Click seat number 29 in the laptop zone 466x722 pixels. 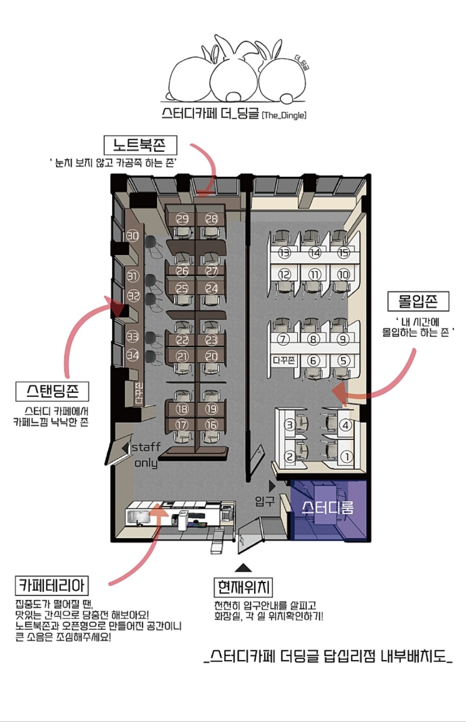point(182,219)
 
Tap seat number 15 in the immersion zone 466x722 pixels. point(343,252)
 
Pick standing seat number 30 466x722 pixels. point(132,236)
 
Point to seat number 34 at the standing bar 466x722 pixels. point(132,355)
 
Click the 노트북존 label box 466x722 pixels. point(141,145)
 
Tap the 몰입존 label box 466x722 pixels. point(418,302)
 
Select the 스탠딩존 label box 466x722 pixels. point(52,391)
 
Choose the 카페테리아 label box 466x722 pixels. point(52,585)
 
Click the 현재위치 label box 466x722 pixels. point(243,587)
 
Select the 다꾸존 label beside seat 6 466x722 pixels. point(284,360)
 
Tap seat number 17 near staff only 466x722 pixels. point(182,425)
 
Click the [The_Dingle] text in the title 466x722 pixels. point(284,115)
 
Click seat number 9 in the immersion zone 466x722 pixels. point(343,339)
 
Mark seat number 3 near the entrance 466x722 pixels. point(290,425)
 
